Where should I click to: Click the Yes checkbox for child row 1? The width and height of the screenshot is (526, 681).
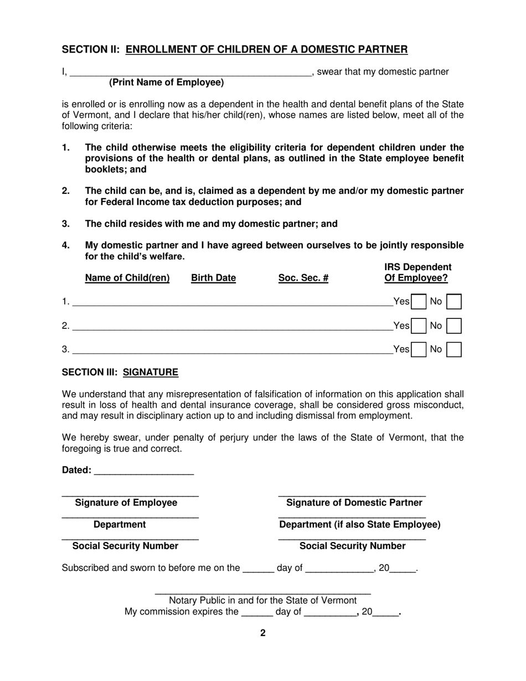point(419,302)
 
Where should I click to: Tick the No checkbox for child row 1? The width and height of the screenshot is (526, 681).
point(454,302)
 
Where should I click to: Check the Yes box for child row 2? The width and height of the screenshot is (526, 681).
point(419,326)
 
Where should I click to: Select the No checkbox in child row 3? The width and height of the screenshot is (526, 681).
point(454,349)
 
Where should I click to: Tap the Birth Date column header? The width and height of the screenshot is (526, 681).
point(213,278)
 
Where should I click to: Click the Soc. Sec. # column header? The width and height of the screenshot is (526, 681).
point(303,278)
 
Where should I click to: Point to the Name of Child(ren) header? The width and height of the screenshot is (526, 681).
point(127,278)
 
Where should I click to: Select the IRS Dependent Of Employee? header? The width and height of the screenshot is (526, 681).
point(417,273)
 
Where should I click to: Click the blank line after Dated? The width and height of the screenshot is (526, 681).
point(144,471)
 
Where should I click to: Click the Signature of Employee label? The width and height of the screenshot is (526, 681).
point(126,503)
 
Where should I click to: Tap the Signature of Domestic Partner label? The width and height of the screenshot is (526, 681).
point(354,503)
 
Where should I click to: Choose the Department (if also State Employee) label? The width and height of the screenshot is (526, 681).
point(360,524)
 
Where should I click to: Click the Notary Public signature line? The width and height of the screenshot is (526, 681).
point(262,591)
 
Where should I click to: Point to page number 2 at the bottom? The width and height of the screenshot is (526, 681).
point(263,633)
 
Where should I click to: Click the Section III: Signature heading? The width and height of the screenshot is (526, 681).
point(120,372)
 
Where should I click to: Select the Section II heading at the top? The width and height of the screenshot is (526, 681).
point(235,50)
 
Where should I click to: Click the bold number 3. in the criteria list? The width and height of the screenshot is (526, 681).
point(66,224)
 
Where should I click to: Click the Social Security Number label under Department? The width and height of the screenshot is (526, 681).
point(126,546)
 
